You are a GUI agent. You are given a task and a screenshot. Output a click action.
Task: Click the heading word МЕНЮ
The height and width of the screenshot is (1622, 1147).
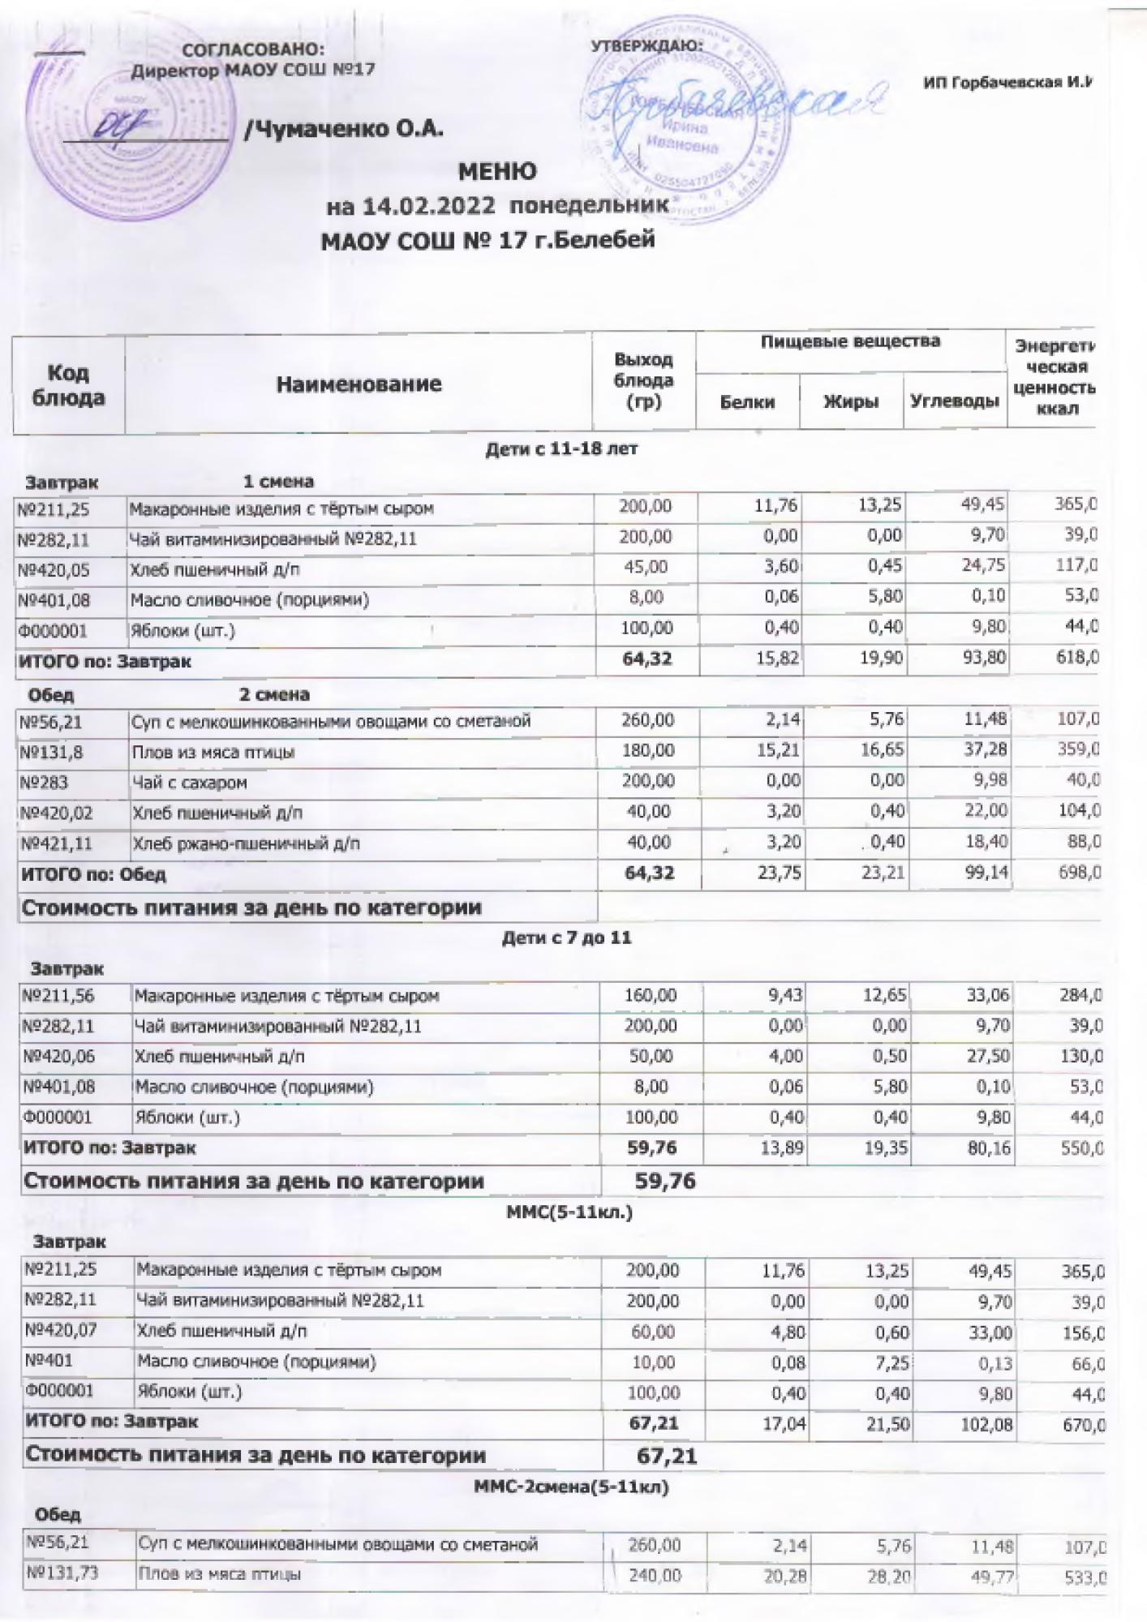(x=497, y=172)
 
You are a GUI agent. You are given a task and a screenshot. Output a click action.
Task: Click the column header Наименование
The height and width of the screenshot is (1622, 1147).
(x=359, y=384)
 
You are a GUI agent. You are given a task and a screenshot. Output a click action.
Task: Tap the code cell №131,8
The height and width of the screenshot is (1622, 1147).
(x=50, y=752)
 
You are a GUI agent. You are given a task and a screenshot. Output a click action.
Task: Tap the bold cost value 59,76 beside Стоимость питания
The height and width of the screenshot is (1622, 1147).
(x=665, y=1181)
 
